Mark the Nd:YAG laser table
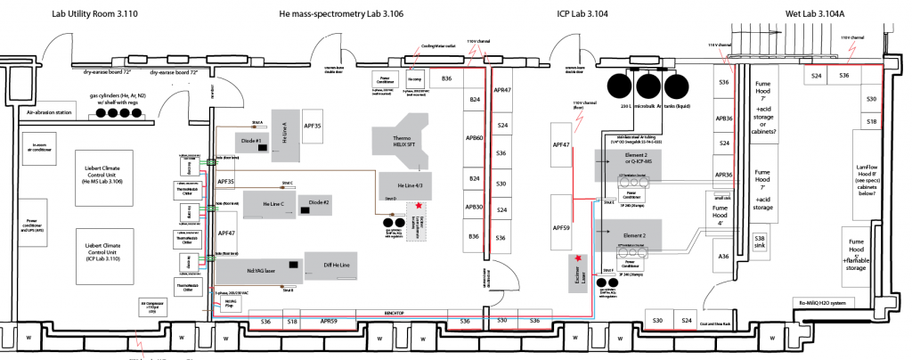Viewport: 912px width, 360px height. coord(256,266)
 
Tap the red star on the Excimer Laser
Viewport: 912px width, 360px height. coord(580,258)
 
